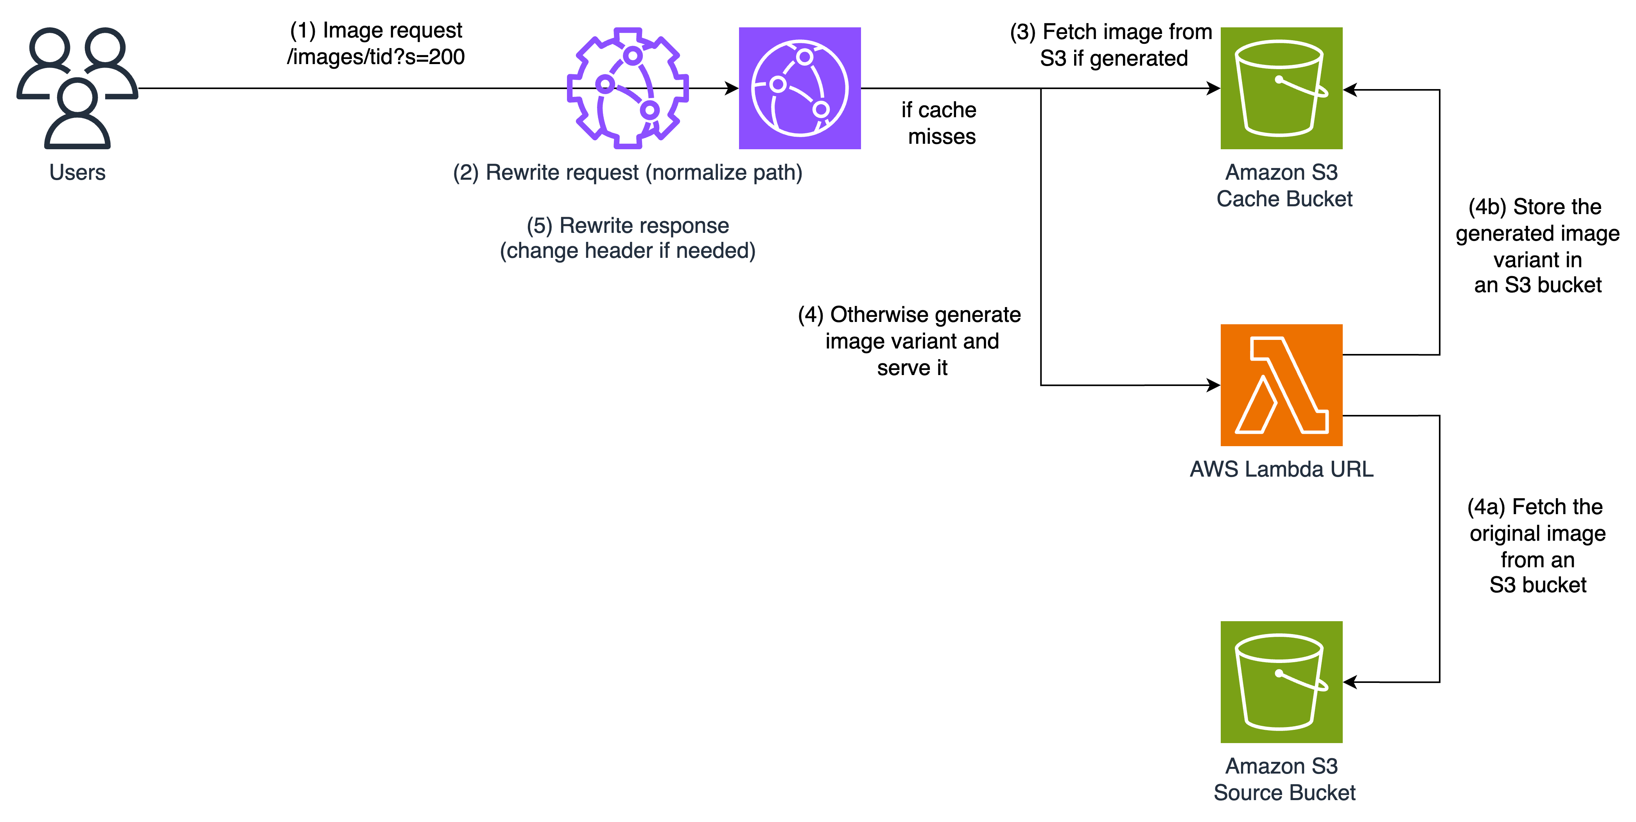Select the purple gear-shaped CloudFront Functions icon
click(x=628, y=88)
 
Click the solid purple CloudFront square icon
click(x=800, y=88)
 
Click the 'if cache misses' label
click(x=939, y=123)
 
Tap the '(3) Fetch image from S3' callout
click(x=1111, y=45)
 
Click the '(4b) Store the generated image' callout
click(x=1535, y=246)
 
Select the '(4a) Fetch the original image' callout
click(x=1535, y=546)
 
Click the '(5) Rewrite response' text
click(x=628, y=225)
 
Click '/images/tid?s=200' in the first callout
click(x=376, y=57)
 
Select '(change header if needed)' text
click(x=628, y=251)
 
